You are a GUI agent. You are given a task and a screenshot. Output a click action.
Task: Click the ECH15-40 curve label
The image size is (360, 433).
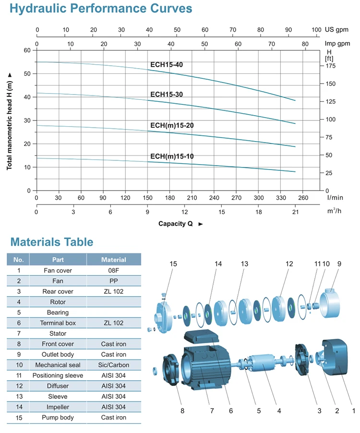166,65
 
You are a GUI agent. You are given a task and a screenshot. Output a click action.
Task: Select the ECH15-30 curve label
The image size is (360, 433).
166,94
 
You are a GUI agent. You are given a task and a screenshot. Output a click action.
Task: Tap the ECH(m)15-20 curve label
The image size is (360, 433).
172,125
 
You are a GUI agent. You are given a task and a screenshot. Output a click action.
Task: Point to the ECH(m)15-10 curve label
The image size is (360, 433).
172,156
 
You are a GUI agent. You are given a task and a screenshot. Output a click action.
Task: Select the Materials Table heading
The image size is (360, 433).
52,242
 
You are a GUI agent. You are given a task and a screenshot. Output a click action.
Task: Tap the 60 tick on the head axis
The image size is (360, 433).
27,50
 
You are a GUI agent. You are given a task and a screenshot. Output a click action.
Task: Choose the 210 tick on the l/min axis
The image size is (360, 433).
192,197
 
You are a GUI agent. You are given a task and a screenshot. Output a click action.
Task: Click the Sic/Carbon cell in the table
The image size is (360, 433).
114,365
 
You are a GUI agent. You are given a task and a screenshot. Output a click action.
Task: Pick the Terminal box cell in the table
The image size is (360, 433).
58,323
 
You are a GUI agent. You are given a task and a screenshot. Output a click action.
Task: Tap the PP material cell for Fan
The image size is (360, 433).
114,281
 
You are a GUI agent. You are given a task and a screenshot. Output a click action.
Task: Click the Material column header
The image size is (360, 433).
114,260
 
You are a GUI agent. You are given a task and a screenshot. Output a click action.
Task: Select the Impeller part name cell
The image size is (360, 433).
58,407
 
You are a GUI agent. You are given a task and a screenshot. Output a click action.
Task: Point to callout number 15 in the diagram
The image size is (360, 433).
173,264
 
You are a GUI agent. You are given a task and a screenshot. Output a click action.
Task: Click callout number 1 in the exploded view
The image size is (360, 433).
354,410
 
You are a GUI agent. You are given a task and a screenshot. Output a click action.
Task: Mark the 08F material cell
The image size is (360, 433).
114,270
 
